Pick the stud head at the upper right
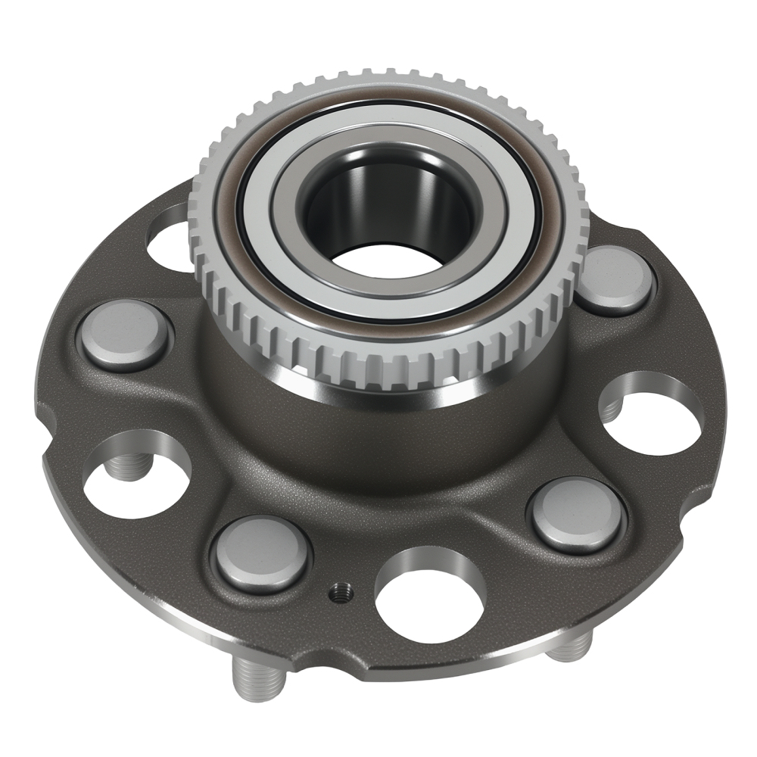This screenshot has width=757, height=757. [616, 279]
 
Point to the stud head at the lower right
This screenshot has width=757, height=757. [577, 516]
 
